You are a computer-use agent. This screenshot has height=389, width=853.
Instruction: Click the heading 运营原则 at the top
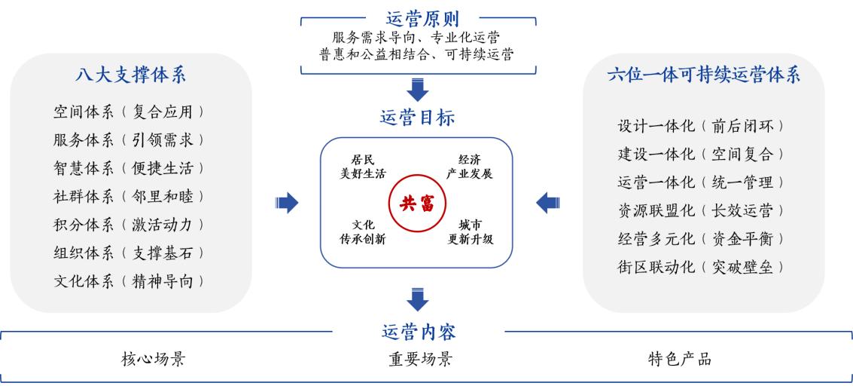point(422,18)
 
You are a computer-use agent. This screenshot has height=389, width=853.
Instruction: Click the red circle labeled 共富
point(416,202)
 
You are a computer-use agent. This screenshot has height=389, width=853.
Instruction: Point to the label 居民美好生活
point(363,167)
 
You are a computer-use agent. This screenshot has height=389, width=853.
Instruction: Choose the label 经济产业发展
point(470,167)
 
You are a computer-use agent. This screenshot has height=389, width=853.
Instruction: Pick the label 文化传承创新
point(363,232)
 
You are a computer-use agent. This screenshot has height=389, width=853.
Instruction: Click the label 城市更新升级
point(470,232)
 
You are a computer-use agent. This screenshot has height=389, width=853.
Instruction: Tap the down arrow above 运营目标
point(416,89)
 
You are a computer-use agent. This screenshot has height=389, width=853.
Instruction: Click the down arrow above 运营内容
point(416,299)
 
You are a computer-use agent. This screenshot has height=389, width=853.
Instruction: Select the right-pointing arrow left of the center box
point(288,202)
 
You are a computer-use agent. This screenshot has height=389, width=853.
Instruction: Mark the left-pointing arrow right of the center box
point(547,202)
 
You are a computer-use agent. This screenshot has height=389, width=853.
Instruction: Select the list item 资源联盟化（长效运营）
point(701,210)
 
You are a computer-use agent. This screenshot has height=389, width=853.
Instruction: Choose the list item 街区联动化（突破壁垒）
point(701,267)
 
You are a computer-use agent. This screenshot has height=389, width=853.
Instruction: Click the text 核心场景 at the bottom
point(153,359)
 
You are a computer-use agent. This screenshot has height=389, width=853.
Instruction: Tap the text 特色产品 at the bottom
point(680,359)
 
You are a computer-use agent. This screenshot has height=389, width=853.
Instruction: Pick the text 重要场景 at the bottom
point(420,359)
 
